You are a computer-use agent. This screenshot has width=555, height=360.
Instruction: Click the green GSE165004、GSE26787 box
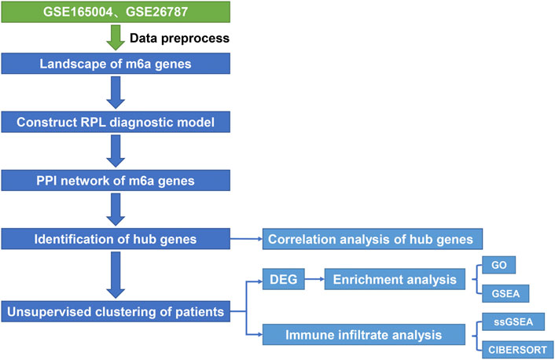[116, 12]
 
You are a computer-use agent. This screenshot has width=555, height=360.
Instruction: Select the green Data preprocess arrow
[116, 37]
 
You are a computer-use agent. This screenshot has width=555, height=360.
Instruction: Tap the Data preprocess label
[179, 38]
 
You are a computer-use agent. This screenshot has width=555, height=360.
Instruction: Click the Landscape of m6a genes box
[116, 64]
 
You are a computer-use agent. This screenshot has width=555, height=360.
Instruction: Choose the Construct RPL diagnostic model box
[116, 122]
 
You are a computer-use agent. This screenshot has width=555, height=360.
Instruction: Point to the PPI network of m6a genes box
[116, 181]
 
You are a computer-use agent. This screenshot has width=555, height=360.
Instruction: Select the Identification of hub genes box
[116, 239]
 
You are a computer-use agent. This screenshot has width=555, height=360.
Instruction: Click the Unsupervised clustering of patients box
[116, 311]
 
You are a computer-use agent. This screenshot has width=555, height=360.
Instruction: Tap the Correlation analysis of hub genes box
[373, 239]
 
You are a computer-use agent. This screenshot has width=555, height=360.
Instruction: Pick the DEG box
[284, 279]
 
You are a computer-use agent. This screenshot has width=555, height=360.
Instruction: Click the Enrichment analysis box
[395, 279]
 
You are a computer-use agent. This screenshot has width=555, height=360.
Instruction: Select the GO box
[498, 265]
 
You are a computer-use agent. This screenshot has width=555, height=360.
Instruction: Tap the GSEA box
[505, 293]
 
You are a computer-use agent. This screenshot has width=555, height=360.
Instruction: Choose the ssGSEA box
[513, 321]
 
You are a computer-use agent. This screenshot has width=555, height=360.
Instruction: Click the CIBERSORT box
[517, 350]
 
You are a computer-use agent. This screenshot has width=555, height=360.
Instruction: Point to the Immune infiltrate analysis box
[363, 335]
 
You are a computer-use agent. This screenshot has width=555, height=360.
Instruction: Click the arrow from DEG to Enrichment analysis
[314, 279]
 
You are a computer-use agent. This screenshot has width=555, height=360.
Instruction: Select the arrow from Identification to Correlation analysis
[246, 239]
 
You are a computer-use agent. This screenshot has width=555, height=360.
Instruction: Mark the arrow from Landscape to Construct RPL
[116, 93]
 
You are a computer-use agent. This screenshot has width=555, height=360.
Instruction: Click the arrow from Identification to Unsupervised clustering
[116, 275]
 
